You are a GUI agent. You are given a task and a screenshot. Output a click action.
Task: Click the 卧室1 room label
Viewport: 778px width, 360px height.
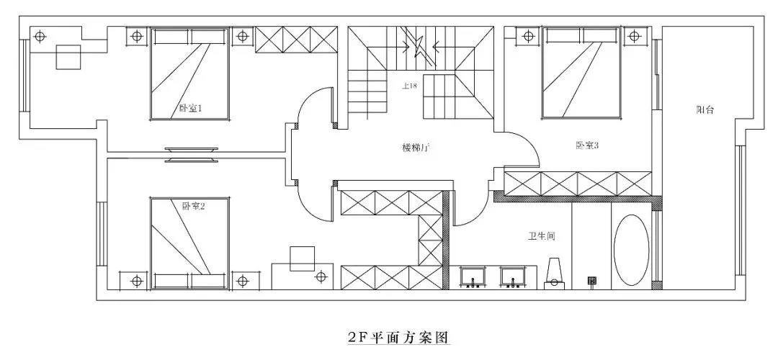190,109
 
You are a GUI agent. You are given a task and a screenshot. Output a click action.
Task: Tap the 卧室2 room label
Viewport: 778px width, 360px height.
194,206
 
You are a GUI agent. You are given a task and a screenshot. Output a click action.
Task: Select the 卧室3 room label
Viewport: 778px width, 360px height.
587,145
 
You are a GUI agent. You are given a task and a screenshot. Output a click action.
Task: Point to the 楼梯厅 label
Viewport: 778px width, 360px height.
416,148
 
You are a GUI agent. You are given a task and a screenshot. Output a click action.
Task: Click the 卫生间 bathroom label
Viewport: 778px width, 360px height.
540,235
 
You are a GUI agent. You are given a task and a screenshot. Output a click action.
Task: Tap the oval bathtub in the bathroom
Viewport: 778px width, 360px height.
631,249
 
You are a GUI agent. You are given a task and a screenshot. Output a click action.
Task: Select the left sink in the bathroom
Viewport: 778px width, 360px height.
473,276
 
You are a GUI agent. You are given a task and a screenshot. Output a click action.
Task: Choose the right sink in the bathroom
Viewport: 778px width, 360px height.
514,276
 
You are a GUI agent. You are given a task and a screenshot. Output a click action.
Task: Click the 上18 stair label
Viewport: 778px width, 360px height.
409,86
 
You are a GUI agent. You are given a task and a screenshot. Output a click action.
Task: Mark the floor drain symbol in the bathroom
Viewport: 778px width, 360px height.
592,280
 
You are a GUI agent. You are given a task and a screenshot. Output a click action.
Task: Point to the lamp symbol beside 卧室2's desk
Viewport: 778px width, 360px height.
321,276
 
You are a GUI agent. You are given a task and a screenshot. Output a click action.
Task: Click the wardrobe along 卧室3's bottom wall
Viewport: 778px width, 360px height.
578,184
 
